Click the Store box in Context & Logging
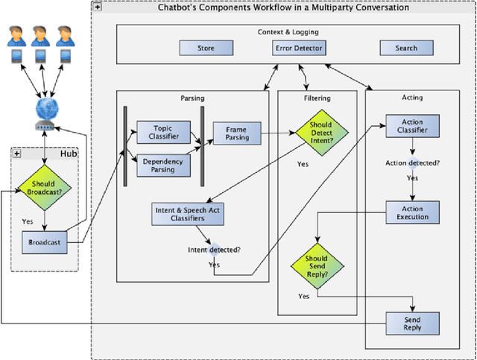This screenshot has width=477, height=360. click(x=206, y=48)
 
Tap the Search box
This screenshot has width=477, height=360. click(x=407, y=48)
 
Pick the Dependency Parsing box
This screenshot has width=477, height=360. click(x=162, y=165)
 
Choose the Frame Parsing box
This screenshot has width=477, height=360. click(x=236, y=133)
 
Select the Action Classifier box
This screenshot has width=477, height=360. click(x=412, y=127)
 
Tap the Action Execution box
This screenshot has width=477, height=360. click(x=412, y=212)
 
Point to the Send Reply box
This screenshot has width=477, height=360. click(x=412, y=323)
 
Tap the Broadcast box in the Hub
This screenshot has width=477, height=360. click(x=44, y=242)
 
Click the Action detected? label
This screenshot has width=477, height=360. click(x=412, y=162)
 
